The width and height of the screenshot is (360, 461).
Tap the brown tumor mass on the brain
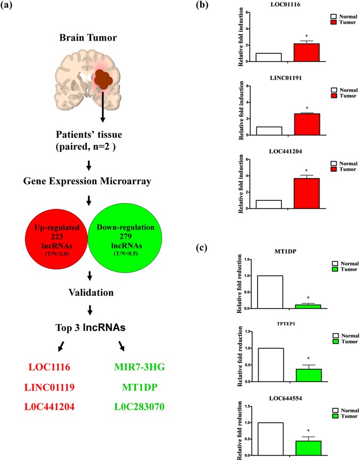pyautogui.click(x=102, y=81)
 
